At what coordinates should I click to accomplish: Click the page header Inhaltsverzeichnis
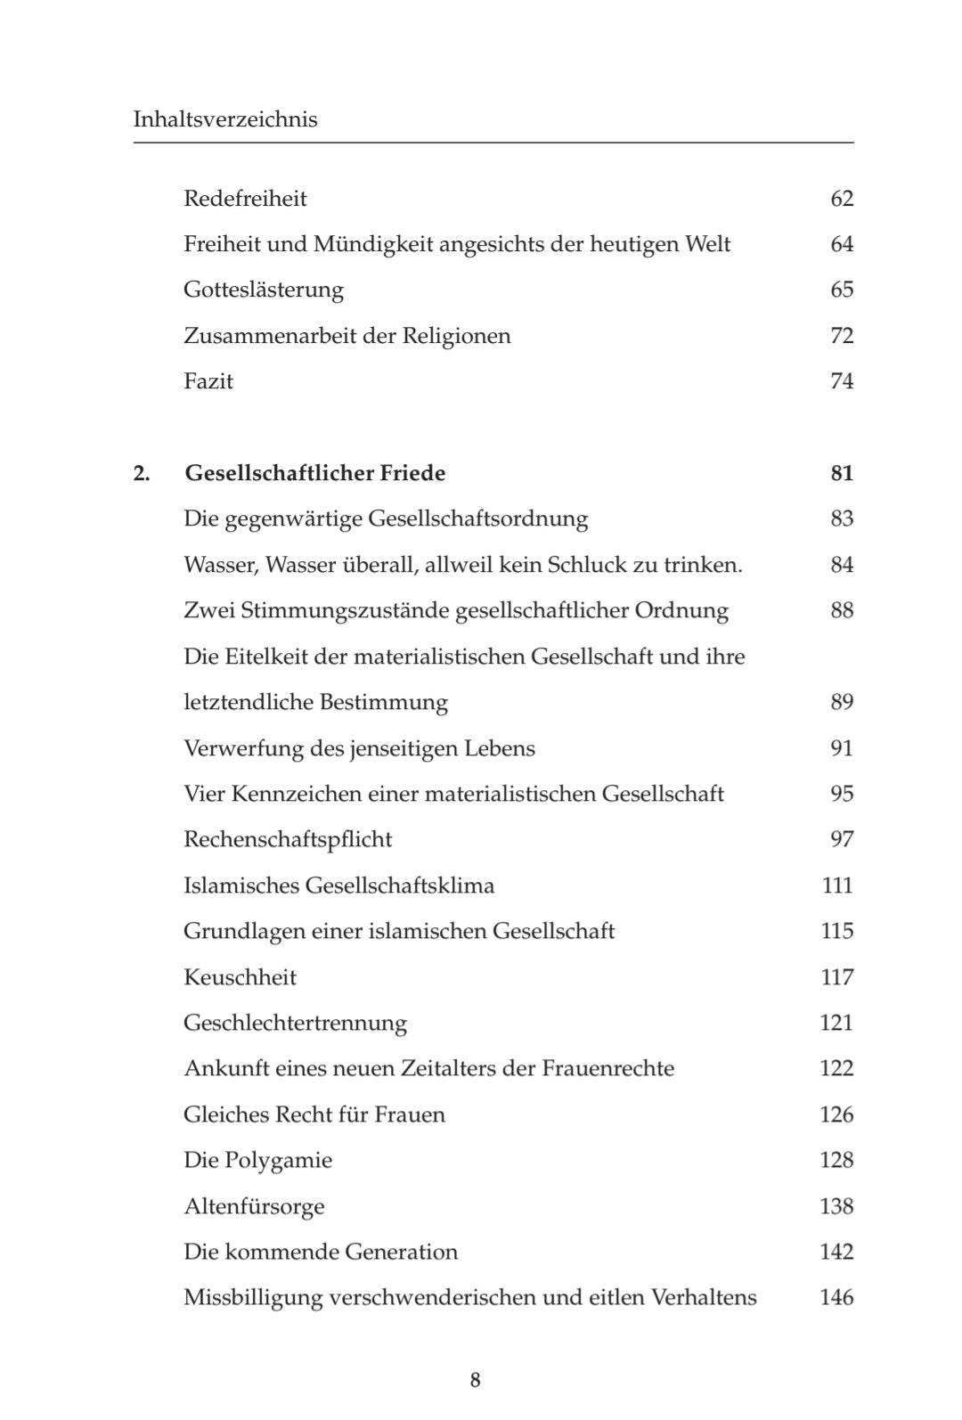(225, 119)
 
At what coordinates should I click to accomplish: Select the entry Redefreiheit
(245, 198)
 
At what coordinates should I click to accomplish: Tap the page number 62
(842, 198)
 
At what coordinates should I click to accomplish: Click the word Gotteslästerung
(264, 290)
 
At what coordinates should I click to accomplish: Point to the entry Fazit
(208, 381)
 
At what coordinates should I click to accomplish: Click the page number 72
(842, 336)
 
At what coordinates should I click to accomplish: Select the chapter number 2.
(142, 473)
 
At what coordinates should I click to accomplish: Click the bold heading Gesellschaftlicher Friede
(315, 473)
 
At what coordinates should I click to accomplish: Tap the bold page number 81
(842, 473)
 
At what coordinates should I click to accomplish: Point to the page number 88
(842, 610)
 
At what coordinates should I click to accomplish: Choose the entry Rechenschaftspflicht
(288, 839)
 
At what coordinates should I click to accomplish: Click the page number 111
(838, 885)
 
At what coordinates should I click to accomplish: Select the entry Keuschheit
(240, 977)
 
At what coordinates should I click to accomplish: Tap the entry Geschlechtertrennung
(295, 1023)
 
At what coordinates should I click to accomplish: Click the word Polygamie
(279, 1161)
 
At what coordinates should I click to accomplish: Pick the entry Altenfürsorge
(254, 1206)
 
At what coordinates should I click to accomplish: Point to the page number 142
(837, 1252)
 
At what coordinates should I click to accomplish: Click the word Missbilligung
(253, 1298)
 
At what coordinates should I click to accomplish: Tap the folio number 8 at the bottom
(476, 1380)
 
